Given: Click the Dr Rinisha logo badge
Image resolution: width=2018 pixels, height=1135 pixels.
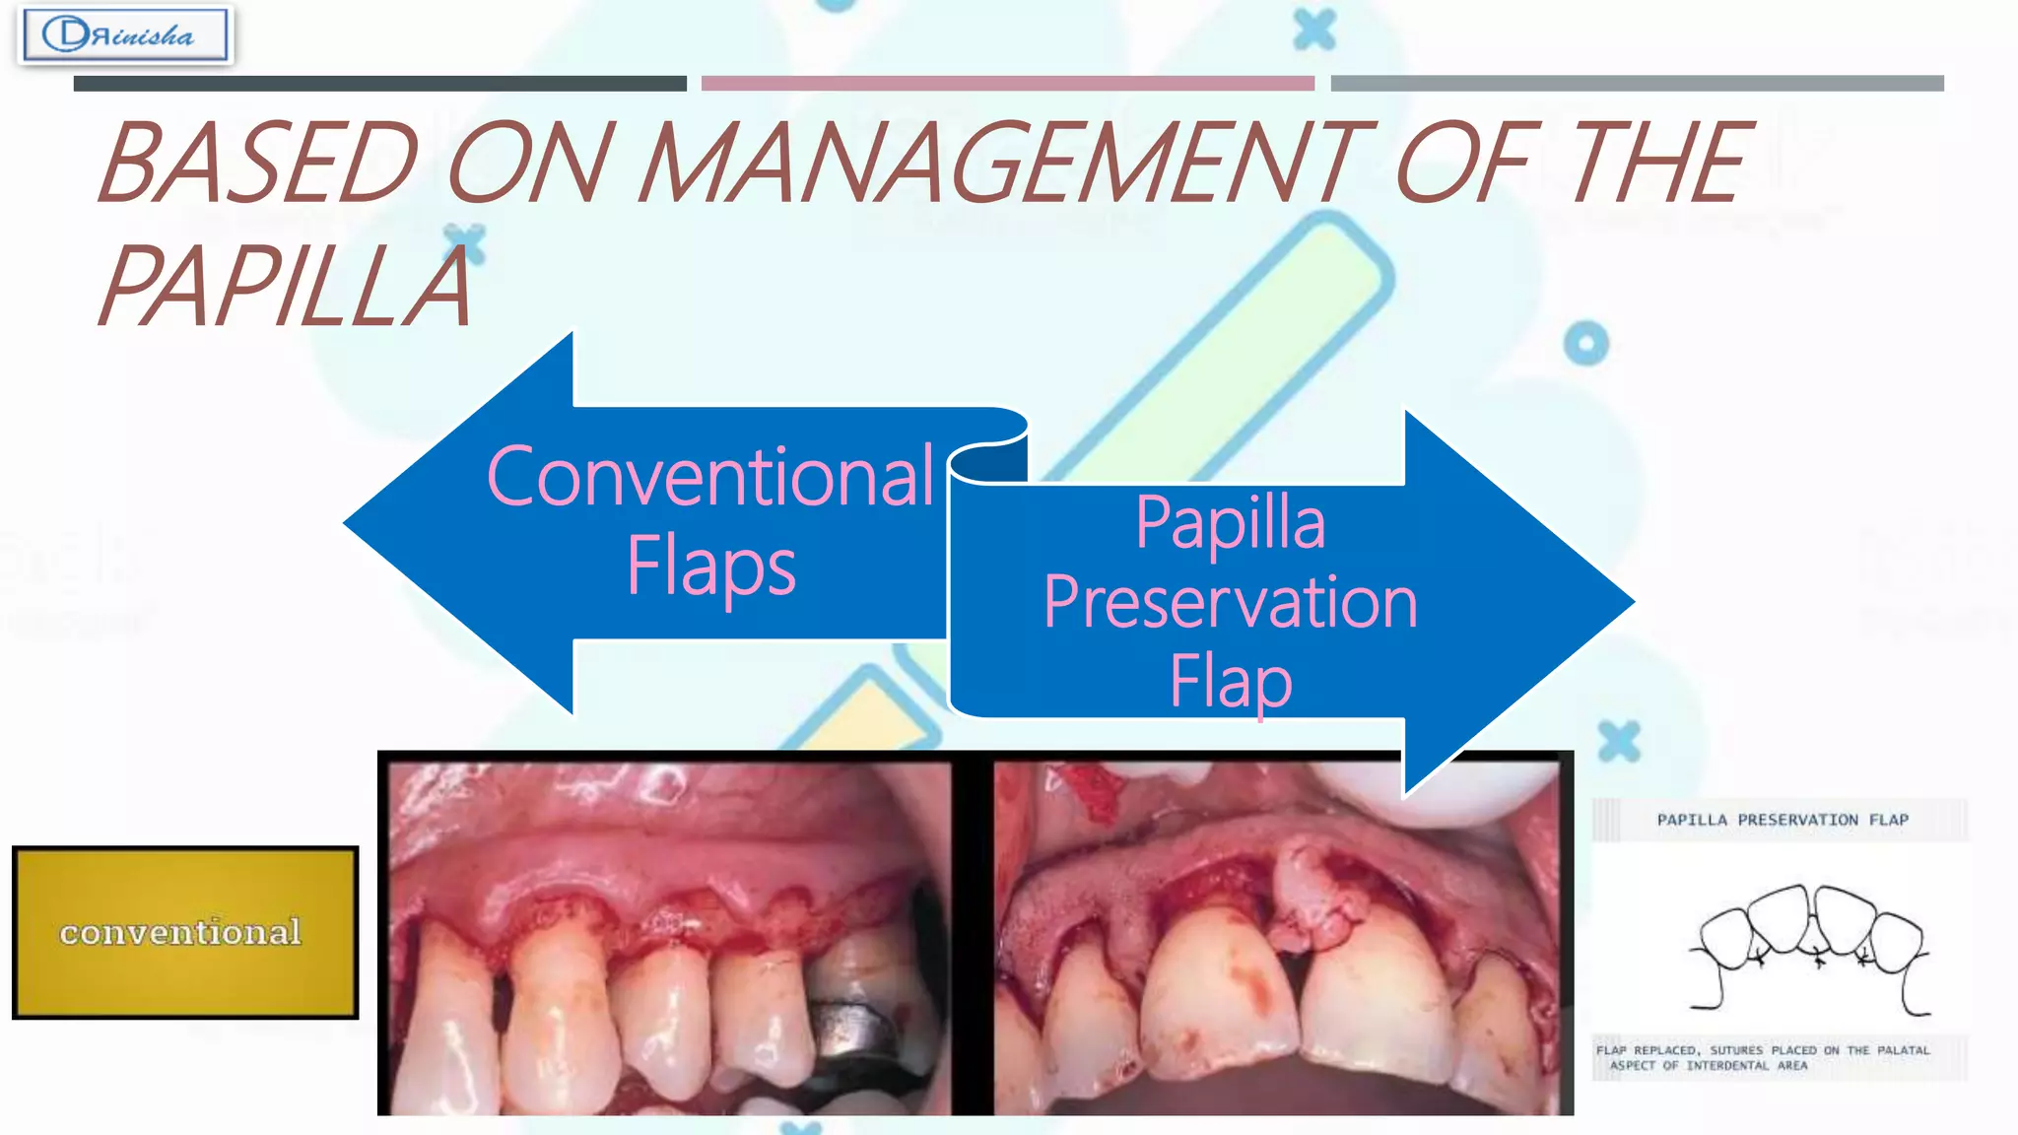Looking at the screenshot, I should (125, 35).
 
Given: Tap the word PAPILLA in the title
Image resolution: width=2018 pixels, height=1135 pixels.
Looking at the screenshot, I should (286, 286).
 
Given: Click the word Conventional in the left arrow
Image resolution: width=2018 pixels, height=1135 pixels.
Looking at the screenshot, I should (710, 477).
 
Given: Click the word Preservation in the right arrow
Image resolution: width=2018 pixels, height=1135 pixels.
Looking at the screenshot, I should (1230, 602).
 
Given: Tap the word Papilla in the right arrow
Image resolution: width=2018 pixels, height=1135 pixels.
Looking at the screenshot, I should (1230, 521).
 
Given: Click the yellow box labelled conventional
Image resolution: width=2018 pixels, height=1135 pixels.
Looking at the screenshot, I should (185, 932).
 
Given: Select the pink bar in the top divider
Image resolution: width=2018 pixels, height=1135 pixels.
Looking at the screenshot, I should (1007, 84).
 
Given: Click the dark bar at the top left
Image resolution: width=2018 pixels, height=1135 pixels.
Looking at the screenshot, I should (379, 84).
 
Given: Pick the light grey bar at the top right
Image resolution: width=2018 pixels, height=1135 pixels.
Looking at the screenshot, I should (1637, 84).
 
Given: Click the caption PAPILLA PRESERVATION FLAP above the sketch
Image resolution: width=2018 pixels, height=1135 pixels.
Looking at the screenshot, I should (1782, 820).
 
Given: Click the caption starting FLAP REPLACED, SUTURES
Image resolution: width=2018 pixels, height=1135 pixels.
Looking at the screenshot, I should (1763, 1057).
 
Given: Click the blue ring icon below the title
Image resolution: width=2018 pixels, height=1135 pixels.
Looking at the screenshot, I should (1585, 344).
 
